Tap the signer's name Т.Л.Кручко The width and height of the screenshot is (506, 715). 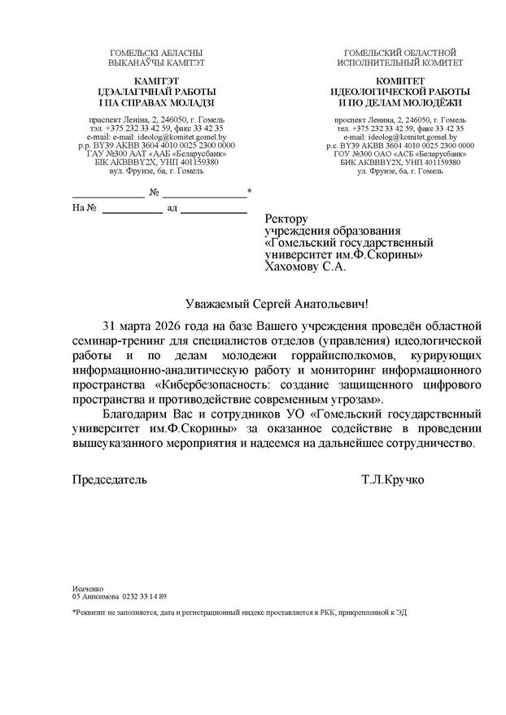point(393,479)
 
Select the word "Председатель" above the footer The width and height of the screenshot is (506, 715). point(110,479)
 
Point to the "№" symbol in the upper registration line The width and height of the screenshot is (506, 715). point(154,192)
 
